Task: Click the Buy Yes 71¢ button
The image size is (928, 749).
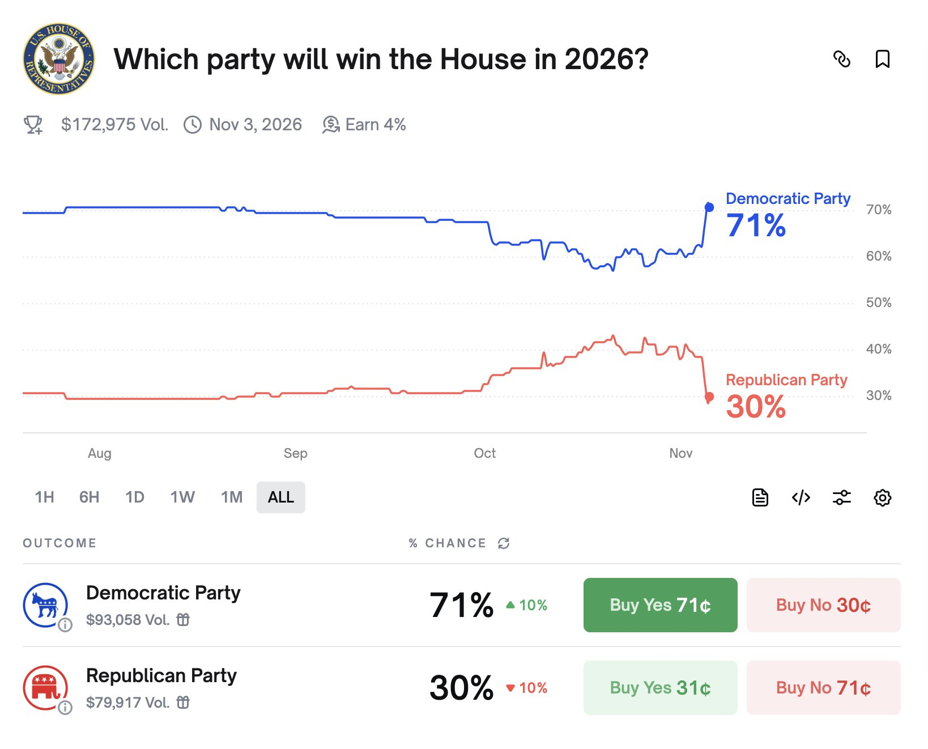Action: (660, 605)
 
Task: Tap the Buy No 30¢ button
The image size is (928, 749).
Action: (823, 605)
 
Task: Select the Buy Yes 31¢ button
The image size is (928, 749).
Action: (660, 688)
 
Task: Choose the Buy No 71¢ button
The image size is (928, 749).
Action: (823, 688)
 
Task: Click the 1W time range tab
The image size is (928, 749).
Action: (182, 497)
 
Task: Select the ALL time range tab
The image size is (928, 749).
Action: (280, 497)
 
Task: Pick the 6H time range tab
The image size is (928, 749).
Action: (90, 497)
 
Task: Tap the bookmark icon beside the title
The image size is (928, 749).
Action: (882, 59)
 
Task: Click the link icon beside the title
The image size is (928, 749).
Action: (842, 59)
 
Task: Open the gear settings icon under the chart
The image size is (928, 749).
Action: (882, 498)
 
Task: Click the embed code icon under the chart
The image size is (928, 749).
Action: (801, 498)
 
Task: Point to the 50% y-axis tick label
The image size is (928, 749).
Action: (878, 303)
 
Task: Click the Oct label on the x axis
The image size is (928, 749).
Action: (484, 453)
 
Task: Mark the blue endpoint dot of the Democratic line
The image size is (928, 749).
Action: (709, 207)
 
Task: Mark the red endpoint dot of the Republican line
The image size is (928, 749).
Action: (709, 397)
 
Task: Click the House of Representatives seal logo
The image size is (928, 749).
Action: (59, 59)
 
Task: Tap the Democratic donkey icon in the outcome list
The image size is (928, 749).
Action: (45, 605)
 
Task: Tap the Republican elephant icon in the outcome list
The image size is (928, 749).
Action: (45, 687)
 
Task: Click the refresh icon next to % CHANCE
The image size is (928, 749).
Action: (504, 543)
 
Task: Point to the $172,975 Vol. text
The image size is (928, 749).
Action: (114, 125)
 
